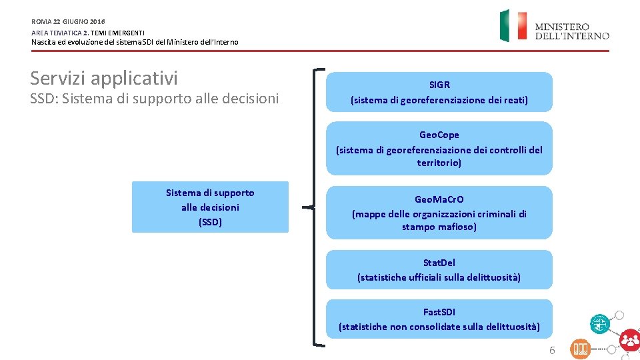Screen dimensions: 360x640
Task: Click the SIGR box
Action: coord(439,92)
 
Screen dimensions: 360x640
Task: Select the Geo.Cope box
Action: coord(439,148)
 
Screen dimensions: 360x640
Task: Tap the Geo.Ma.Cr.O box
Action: coord(439,213)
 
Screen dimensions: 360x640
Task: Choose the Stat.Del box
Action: coord(439,269)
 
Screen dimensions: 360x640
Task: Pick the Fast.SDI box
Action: coord(439,319)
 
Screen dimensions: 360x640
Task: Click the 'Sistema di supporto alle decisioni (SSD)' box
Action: coord(210,207)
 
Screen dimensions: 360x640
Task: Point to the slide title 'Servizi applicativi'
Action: coord(104,78)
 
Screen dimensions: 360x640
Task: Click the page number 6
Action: coord(551,351)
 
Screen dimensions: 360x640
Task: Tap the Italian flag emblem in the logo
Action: coord(513,26)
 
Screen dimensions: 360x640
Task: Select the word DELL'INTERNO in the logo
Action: coord(571,36)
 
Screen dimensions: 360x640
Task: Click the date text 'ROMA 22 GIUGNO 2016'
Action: coord(68,21)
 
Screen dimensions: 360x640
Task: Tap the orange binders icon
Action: coord(580,349)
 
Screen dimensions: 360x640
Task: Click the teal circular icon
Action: coord(599,324)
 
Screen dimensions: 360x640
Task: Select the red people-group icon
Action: coord(629,340)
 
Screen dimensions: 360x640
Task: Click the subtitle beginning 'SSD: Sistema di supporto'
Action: coord(155,99)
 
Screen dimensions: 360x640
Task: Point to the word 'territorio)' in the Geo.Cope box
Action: coord(439,163)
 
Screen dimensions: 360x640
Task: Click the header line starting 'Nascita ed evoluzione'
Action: coord(135,42)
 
